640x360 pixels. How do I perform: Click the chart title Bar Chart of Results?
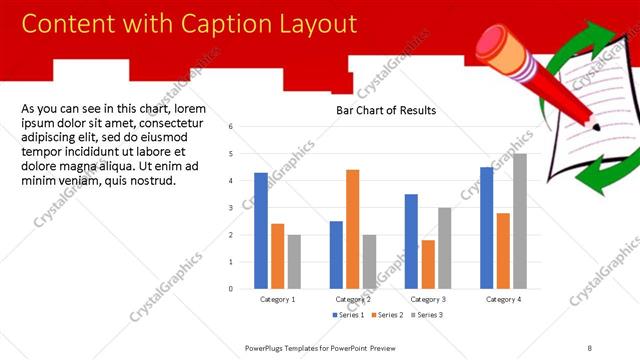[x=386, y=110]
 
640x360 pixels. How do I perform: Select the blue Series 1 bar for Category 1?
[x=261, y=230]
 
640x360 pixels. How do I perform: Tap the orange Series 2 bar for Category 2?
[x=353, y=229]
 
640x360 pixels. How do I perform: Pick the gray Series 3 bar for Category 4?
[x=519, y=221]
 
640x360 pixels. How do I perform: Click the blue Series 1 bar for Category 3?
[x=411, y=241]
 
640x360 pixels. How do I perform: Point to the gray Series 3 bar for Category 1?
[x=294, y=261]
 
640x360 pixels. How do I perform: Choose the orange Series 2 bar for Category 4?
[x=503, y=250]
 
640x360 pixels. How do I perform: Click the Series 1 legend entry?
[x=350, y=315]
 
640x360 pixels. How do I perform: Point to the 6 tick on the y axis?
[x=230, y=127]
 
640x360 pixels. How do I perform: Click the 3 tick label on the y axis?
[x=230, y=208]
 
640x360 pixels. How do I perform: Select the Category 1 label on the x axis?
[x=277, y=299]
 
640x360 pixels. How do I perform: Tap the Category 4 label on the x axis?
[x=503, y=299]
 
